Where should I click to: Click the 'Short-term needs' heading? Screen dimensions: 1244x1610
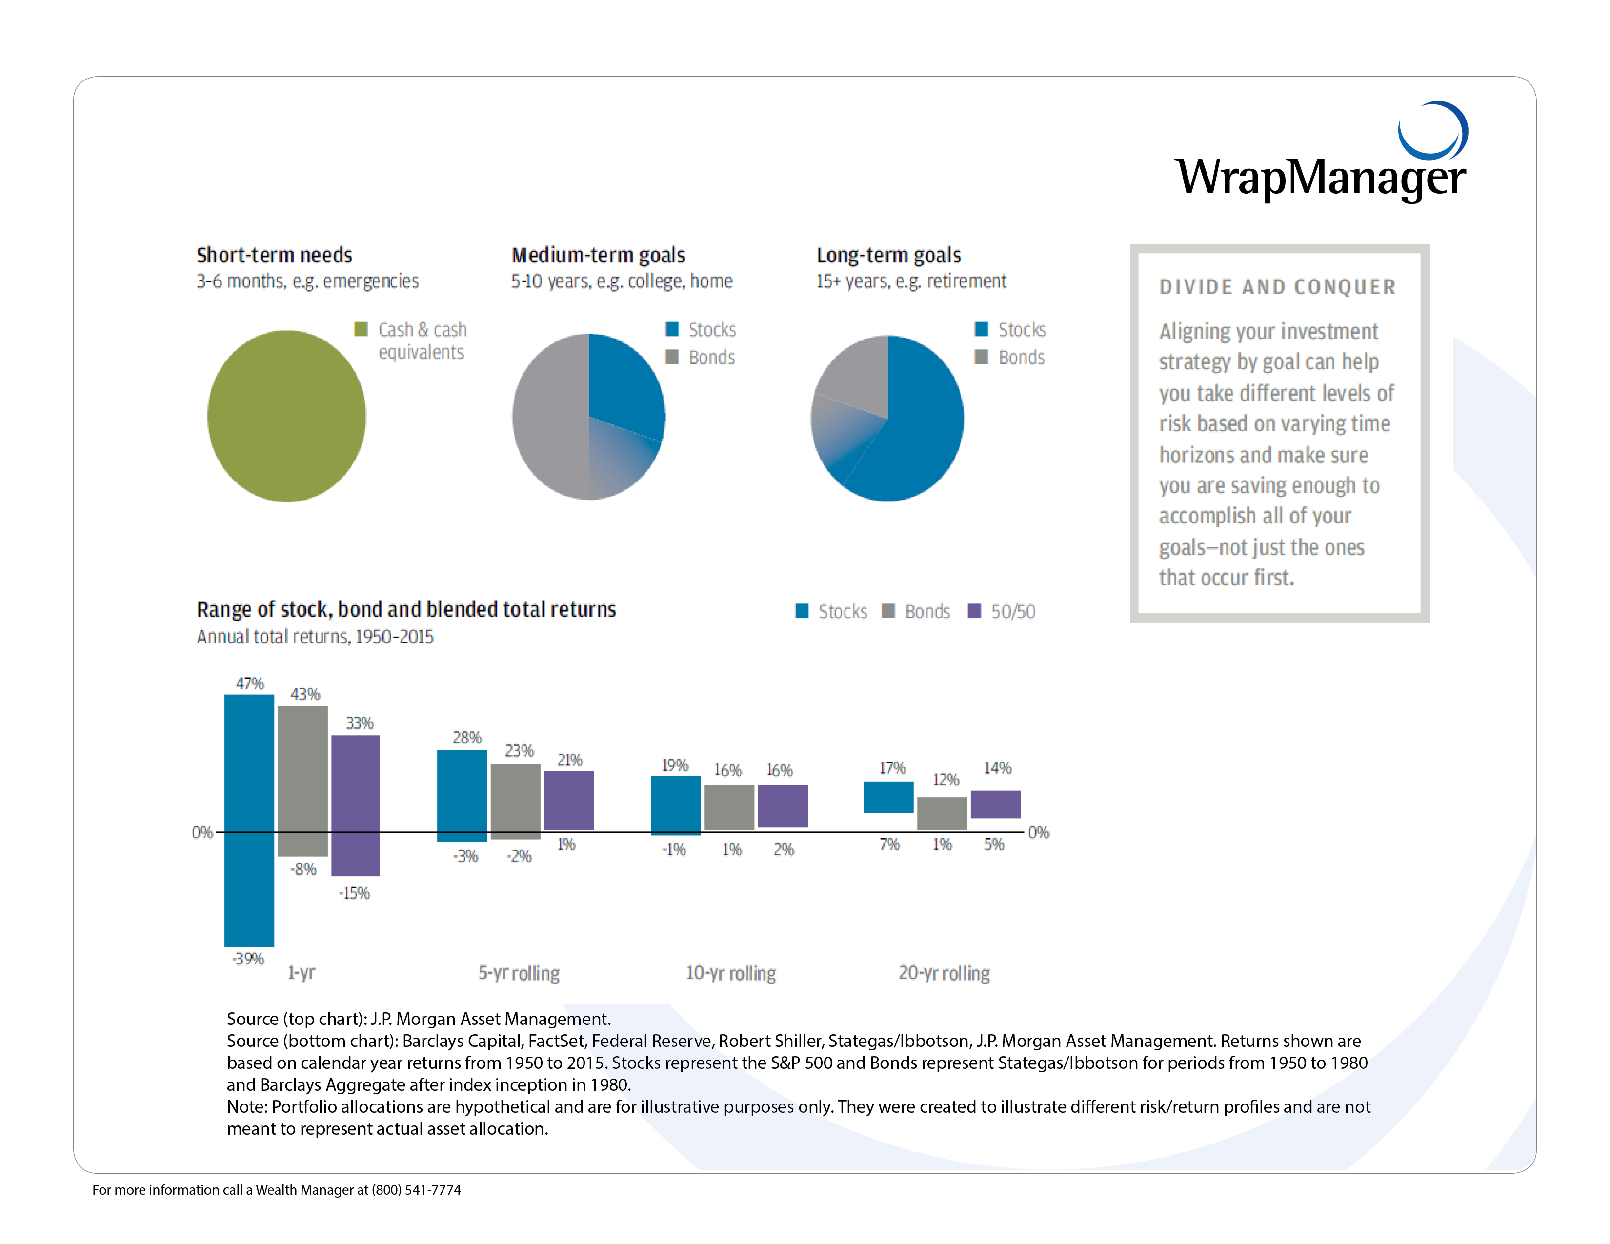click(x=274, y=255)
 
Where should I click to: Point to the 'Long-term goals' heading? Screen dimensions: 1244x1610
click(x=888, y=255)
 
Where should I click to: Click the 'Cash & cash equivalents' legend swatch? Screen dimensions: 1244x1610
click(x=361, y=329)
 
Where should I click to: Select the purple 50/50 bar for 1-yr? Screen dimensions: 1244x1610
click(x=355, y=805)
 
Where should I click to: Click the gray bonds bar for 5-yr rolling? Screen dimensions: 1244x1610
click(x=515, y=801)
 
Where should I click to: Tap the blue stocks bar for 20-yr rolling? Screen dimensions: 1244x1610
click(x=888, y=797)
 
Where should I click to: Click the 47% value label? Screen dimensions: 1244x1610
click(x=250, y=683)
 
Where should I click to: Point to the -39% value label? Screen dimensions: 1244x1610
click(x=248, y=958)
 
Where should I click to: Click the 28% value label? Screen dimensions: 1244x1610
click(x=466, y=737)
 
